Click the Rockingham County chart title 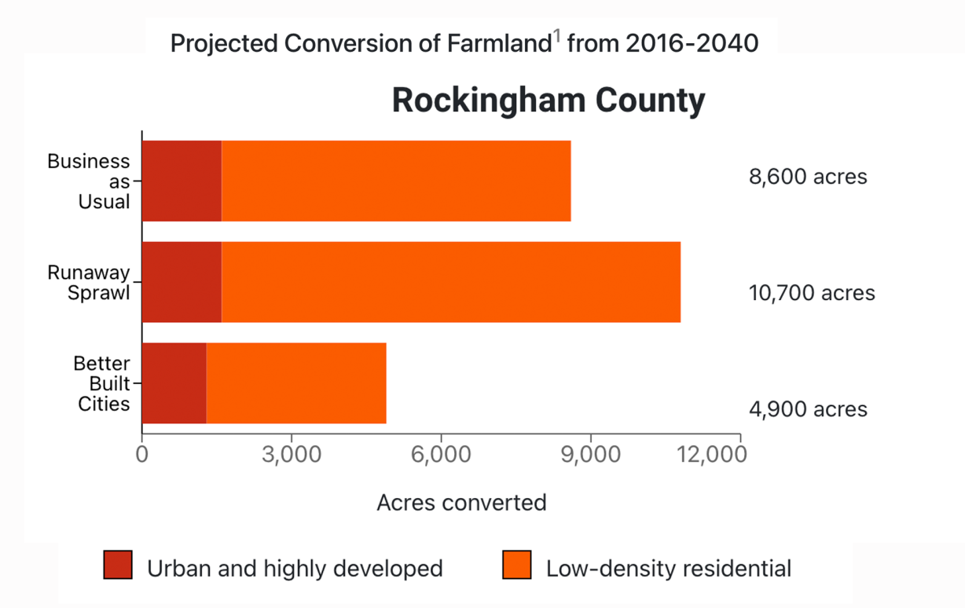click(x=548, y=101)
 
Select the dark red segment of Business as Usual click(x=182, y=181)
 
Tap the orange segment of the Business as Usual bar click(x=396, y=181)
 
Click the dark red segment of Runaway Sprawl click(x=182, y=282)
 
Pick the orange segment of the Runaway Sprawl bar click(x=451, y=282)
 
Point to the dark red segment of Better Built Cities click(x=174, y=383)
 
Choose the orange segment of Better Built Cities click(x=296, y=383)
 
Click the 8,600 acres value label click(x=808, y=177)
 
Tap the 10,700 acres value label click(x=812, y=293)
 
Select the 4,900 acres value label click(x=808, y=409)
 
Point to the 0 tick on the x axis click(x=142, y=456)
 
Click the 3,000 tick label click(x=292, y=456)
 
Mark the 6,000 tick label click(x=441, y=456)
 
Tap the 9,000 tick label click(x=590, y=456)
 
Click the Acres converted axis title click(x=461, y=503)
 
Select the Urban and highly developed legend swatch click(x=118, y=566)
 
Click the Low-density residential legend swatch click(x=516, y=566)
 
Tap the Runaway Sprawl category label click(x=88, y=283)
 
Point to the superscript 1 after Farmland click(x=556, y=36)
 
